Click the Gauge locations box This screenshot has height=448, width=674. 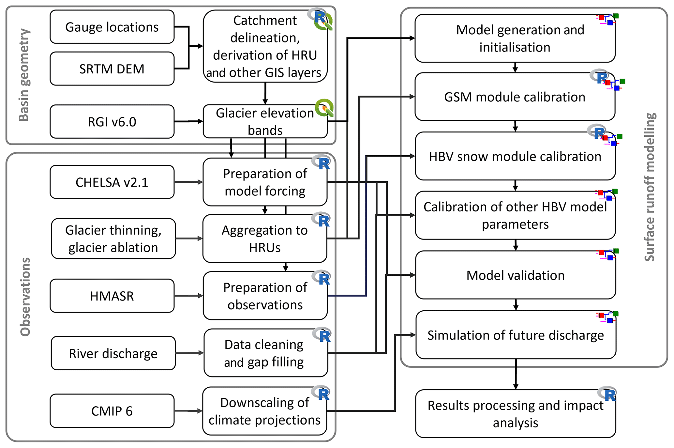point(112,27)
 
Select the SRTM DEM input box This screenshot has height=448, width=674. point(112,69)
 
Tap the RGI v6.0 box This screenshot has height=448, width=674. point(112,122)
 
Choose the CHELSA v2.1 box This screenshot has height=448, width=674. point(112,182)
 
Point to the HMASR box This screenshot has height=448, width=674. point(112,296)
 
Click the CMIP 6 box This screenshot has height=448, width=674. point(112,411)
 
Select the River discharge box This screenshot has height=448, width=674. point(113,353)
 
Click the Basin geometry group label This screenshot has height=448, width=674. point(24,75)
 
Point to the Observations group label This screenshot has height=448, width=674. point(25,297)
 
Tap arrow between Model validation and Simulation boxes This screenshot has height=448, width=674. point(516,305)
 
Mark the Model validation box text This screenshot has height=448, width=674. point(515,275)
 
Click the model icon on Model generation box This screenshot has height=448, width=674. point(607,19)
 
